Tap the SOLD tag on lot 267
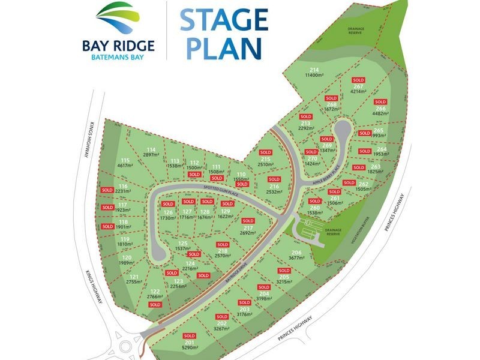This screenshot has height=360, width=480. coord(359,80)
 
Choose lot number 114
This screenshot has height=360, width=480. coord(151,150)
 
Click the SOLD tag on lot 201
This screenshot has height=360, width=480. coord(190,335)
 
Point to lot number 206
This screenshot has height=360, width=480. coord(296,252)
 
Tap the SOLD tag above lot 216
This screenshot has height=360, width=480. coord(274,179)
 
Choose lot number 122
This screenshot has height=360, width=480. coord(155,291)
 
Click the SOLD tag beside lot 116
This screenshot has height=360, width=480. coord(107,190)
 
